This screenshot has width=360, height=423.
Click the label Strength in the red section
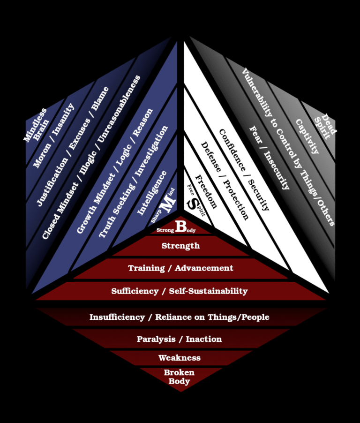180,246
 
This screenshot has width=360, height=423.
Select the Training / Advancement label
180,268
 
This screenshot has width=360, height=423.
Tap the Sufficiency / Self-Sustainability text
180,291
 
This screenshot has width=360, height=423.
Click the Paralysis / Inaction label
180,339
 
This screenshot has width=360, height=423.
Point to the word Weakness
180,358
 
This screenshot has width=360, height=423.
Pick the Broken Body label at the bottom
180,377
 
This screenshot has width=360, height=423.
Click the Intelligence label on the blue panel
152,193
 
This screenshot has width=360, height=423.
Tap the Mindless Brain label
37,126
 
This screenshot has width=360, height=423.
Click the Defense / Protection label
225,180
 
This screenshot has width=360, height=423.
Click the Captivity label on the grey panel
307,136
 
